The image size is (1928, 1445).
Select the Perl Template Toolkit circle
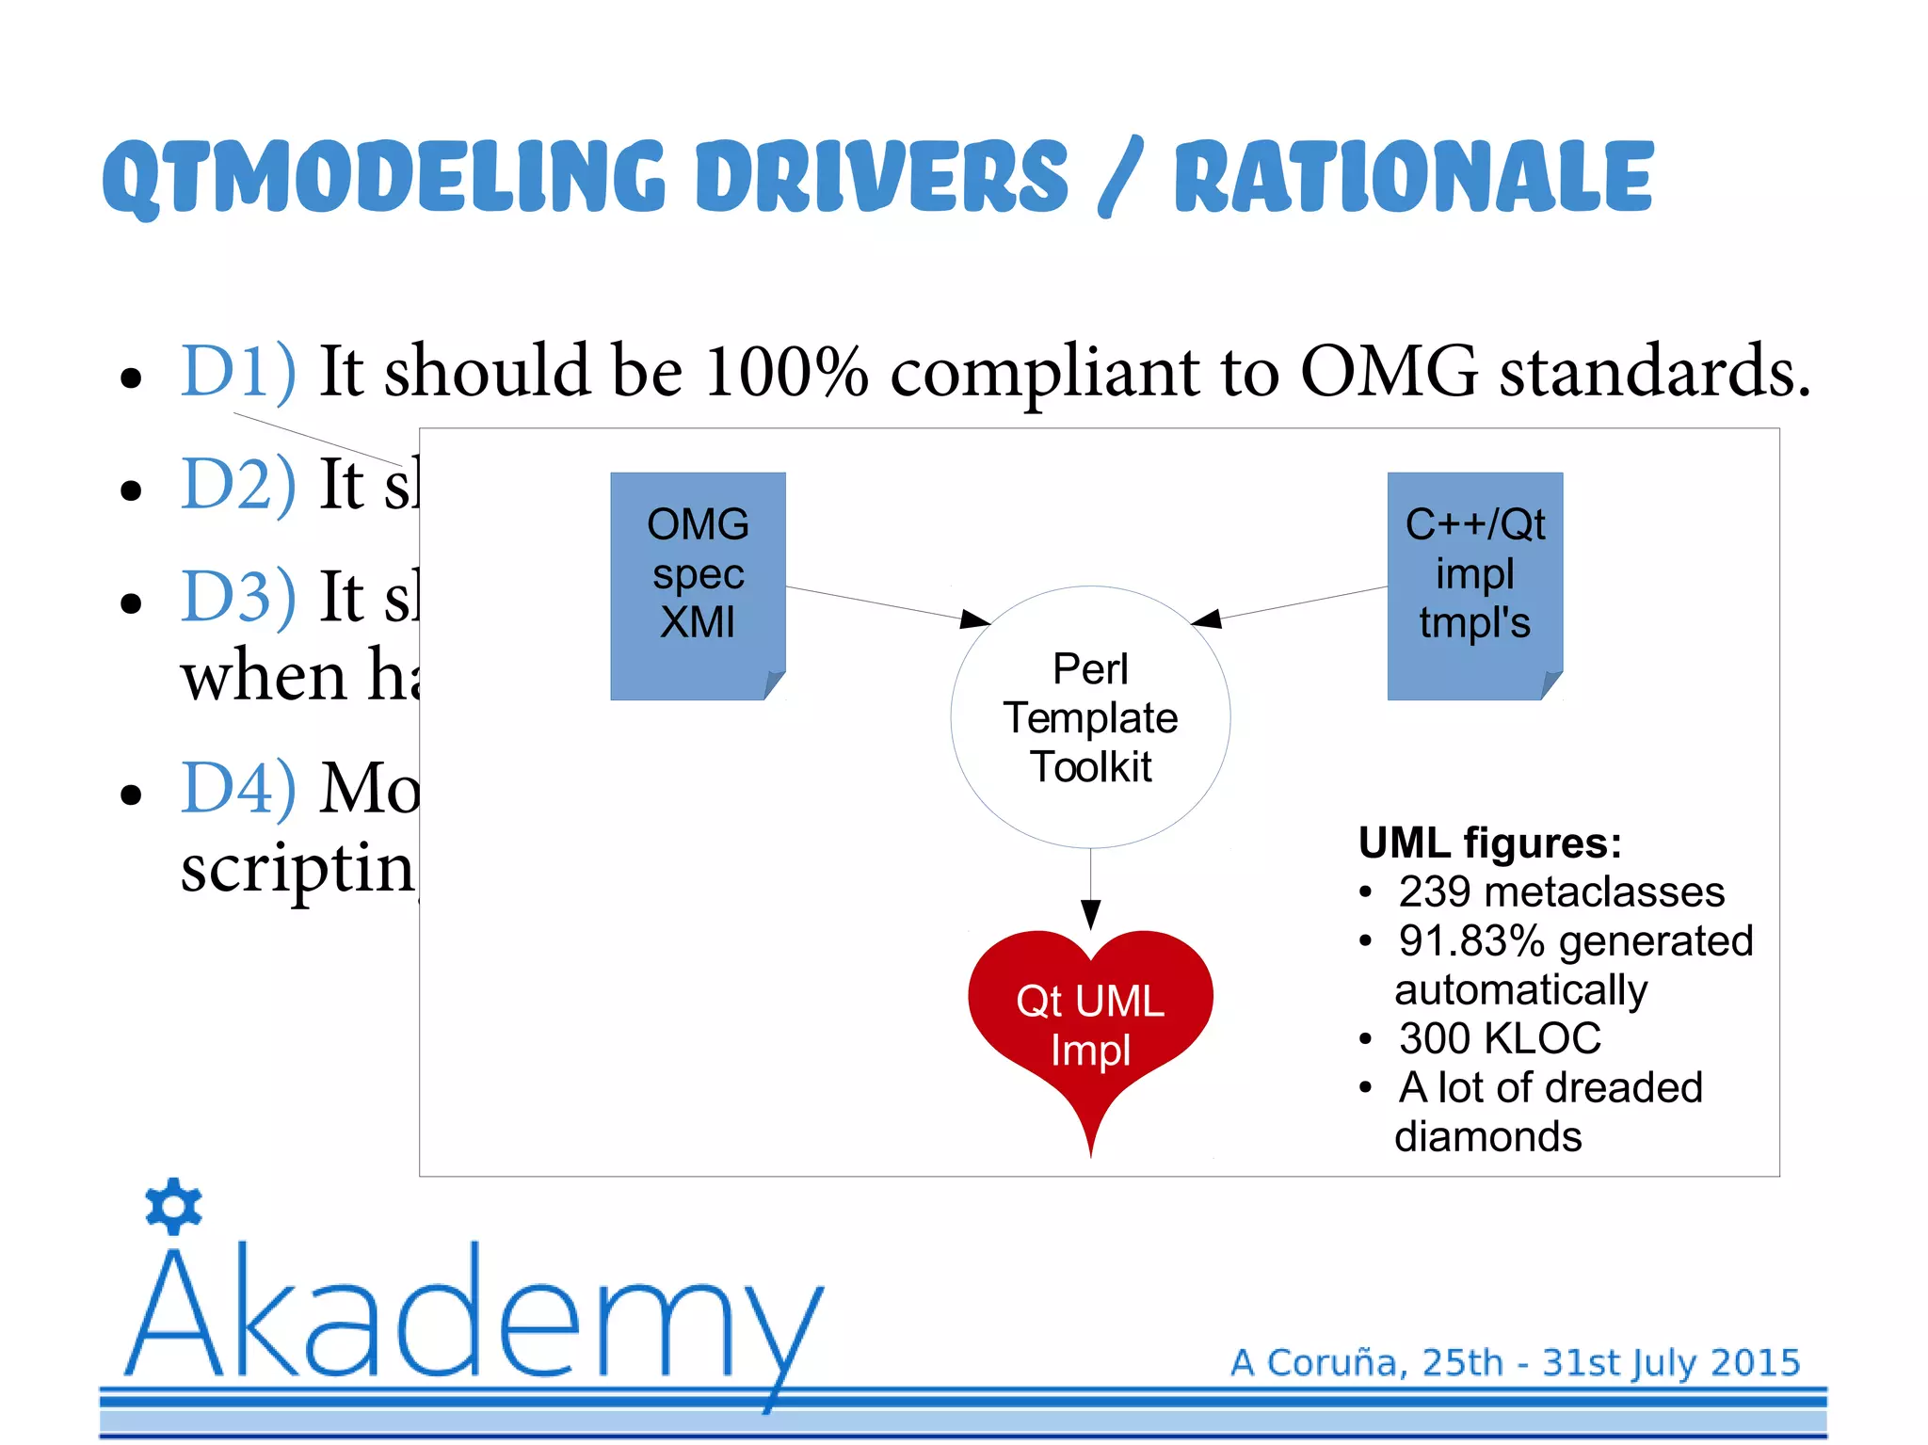[x=1090, y=717]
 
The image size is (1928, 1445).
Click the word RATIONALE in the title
[x=1412, y=177]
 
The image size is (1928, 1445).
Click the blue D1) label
[x=238, y=371]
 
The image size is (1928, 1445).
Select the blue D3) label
[x=238, y=597]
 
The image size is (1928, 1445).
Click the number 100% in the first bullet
[x=785, y=371]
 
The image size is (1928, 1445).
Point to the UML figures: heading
[x=1489, y=843]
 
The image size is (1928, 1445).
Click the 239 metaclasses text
[x=1561, y=891]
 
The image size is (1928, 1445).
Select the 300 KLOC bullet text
[x=1499, y=1038]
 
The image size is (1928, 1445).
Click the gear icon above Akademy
[x=174, y=1206]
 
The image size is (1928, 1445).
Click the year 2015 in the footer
[x=1755, y=1362]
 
